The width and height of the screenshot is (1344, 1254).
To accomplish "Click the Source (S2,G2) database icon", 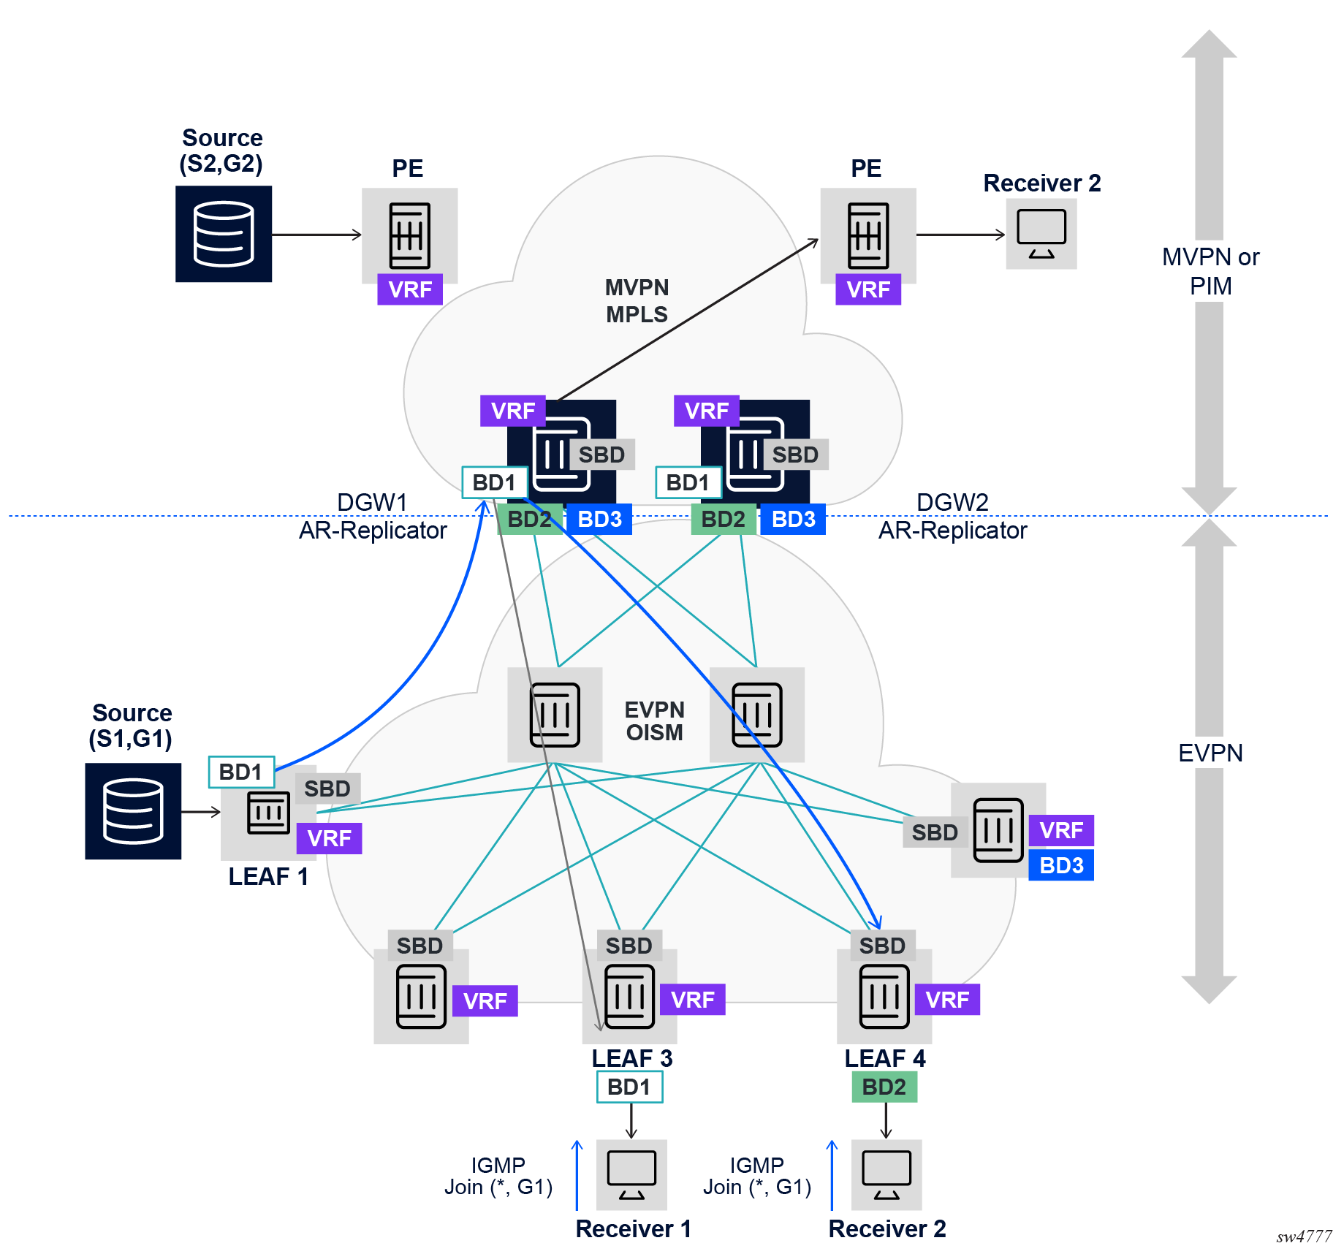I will (224, 234).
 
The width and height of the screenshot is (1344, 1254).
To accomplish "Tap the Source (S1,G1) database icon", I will (133, 811).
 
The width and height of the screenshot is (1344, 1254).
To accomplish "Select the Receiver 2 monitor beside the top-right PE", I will (1041, 234).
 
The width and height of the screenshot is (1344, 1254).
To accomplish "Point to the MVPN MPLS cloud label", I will (637, 301).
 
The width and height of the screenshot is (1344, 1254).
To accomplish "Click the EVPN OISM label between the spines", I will (654, 721).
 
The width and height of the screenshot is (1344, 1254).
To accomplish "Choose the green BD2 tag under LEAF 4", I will (884, 1087).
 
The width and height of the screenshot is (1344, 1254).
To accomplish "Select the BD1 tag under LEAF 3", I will (629, 1087).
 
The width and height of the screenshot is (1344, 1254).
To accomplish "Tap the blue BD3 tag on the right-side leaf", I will (1061, 865).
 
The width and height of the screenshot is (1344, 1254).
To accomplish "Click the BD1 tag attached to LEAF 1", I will (241, 772).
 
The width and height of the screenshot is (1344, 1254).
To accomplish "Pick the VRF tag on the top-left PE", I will (410, 290).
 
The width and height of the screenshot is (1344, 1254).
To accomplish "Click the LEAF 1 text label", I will (268, 876).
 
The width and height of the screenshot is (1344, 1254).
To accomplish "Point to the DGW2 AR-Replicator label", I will (952, 517).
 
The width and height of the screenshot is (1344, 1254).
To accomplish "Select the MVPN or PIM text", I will (1210, 271).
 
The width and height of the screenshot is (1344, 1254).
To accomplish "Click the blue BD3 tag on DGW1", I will (599, 520).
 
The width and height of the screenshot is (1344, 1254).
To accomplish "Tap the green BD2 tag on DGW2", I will (724, 520).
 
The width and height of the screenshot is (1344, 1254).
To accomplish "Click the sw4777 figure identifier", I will (1304, 1236).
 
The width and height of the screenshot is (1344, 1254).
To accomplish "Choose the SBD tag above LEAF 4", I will (882, 946).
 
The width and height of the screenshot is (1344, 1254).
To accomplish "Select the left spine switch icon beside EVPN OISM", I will (555, 715).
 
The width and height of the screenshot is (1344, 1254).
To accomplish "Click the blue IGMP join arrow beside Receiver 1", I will (577, 1174).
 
